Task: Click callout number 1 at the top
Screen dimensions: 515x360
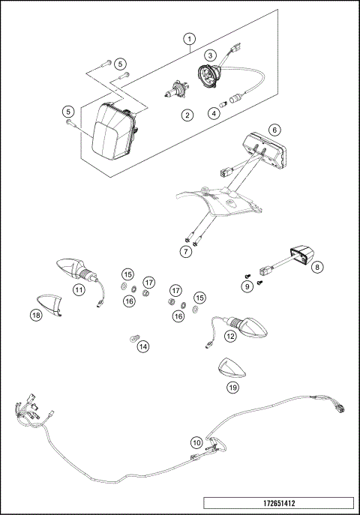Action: [190, 37]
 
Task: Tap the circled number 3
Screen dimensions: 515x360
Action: [211, 55]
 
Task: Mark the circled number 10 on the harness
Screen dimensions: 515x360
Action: [196, 443]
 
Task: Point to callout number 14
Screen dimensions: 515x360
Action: [143, 346]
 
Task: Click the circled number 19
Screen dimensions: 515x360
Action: [232, 387]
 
